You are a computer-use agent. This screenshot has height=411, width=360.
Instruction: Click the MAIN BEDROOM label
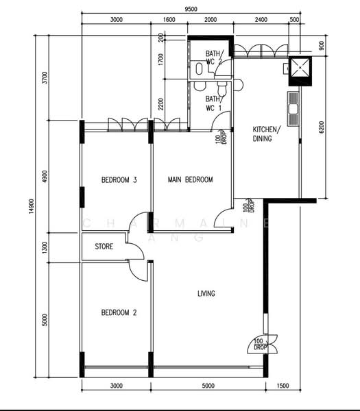click(x=191, y=180)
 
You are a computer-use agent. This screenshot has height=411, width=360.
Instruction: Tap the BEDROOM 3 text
click(x=119, y=180)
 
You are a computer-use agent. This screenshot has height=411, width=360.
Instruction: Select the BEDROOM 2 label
click(x=119, y=312)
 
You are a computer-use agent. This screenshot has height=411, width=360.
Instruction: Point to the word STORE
click(x=104, y=247)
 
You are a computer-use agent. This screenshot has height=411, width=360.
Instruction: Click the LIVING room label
click(x=206, y=294)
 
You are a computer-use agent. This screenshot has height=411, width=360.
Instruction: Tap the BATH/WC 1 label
click(x=213, y=103)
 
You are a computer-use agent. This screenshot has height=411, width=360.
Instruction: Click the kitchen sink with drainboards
click(x=293, y=109)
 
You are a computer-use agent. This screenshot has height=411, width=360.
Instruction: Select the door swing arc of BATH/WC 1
click(x=221, y=123)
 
